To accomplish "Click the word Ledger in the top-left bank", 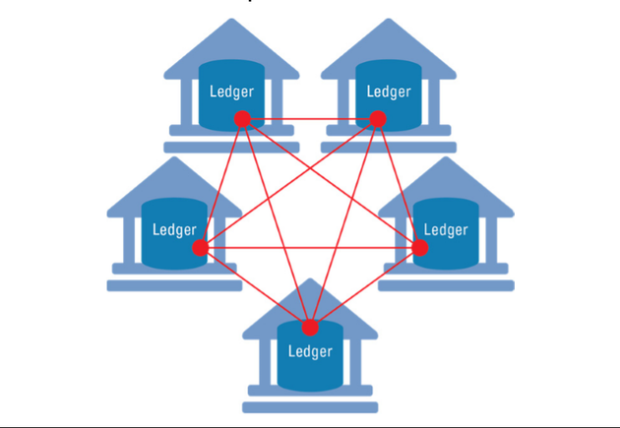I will pos(232,92).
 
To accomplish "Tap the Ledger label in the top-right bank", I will pos(388,92).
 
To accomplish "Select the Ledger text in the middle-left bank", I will pos(175,230).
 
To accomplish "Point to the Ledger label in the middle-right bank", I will pos(446,230).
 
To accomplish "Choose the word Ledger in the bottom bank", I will pos(310,350).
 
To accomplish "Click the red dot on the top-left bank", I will pos(241,119).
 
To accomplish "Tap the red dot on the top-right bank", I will pos(377,119).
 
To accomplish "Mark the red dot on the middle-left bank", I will pos(200,248).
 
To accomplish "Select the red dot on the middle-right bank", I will pos(420,248).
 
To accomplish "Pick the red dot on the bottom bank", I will pos(310,328).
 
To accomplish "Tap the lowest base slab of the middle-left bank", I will pos(174,285).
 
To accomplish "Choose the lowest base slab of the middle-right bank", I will pos(445,285).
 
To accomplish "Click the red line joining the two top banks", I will pos(309,119).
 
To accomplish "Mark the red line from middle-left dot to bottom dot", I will pos(255,287).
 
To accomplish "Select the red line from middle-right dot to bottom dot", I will pos(365,287).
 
